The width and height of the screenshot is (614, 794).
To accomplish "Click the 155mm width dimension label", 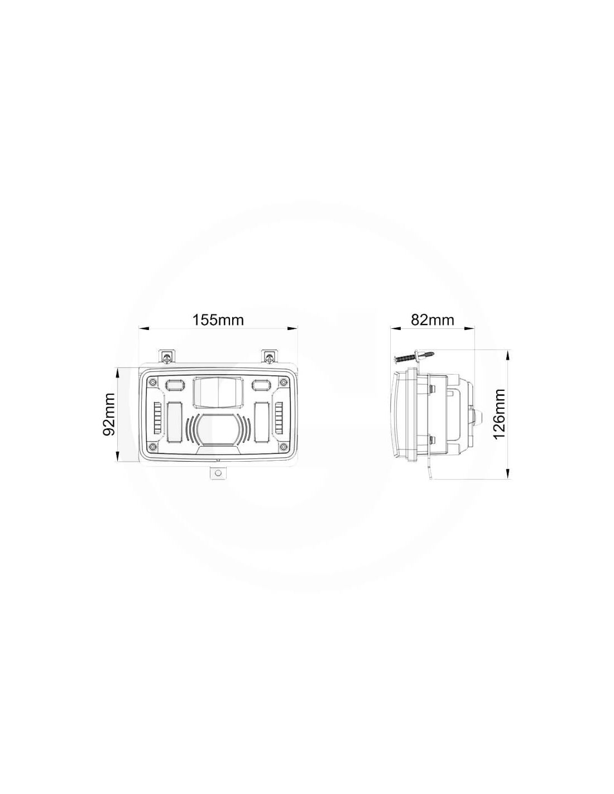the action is pyautogui.click(x=218, y=320).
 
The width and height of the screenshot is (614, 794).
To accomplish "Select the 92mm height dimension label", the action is pyautogui.click(x=109, y=414).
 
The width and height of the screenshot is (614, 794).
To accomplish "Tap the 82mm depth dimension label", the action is pyautogui.click(x=432, y=320).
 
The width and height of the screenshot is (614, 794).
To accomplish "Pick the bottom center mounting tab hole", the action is pyautogui.click(x=218, y=472).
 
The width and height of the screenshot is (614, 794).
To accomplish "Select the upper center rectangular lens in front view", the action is pyautogui.click(x=218, y=392).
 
